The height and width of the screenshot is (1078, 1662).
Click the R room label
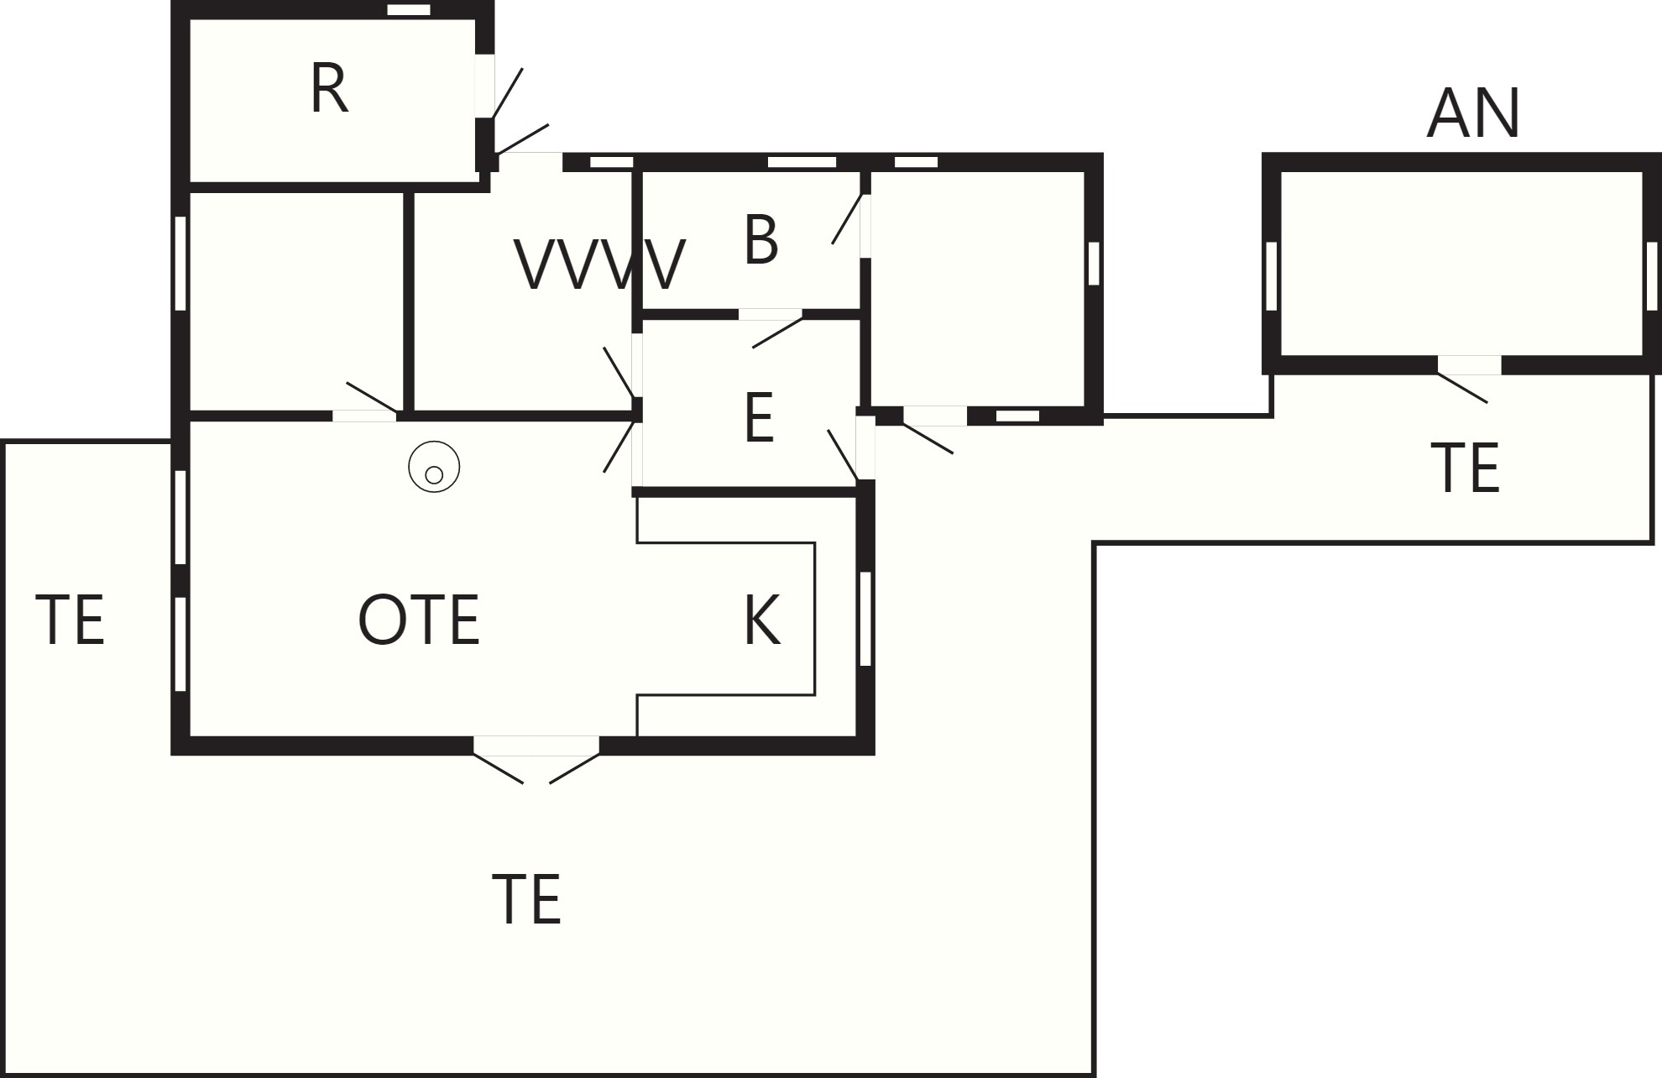click(329, 89)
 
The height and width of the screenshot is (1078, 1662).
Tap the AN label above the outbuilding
click(1473, 113)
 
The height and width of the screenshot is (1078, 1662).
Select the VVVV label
click(599, 264)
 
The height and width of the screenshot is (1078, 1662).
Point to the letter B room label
click(761, 240)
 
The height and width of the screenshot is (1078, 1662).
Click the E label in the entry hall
click(759, 418)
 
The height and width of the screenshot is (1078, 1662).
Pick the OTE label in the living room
click(419, 620)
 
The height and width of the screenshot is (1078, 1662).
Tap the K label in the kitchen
click(762, 620)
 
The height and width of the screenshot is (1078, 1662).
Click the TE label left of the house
click(70, 620)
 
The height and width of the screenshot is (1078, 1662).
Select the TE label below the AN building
click(1465, 468)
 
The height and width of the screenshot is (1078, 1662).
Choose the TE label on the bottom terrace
click(526, 899)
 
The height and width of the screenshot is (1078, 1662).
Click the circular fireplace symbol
click(434, 467)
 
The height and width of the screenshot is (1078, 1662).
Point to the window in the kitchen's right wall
click(865, 619)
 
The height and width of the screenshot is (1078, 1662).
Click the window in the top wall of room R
click(409, 10)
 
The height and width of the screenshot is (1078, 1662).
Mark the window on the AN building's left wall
click(1271, 276)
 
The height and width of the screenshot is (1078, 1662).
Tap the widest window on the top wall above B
click(802, 162)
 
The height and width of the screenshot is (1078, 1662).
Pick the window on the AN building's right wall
click(1652, 276)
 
